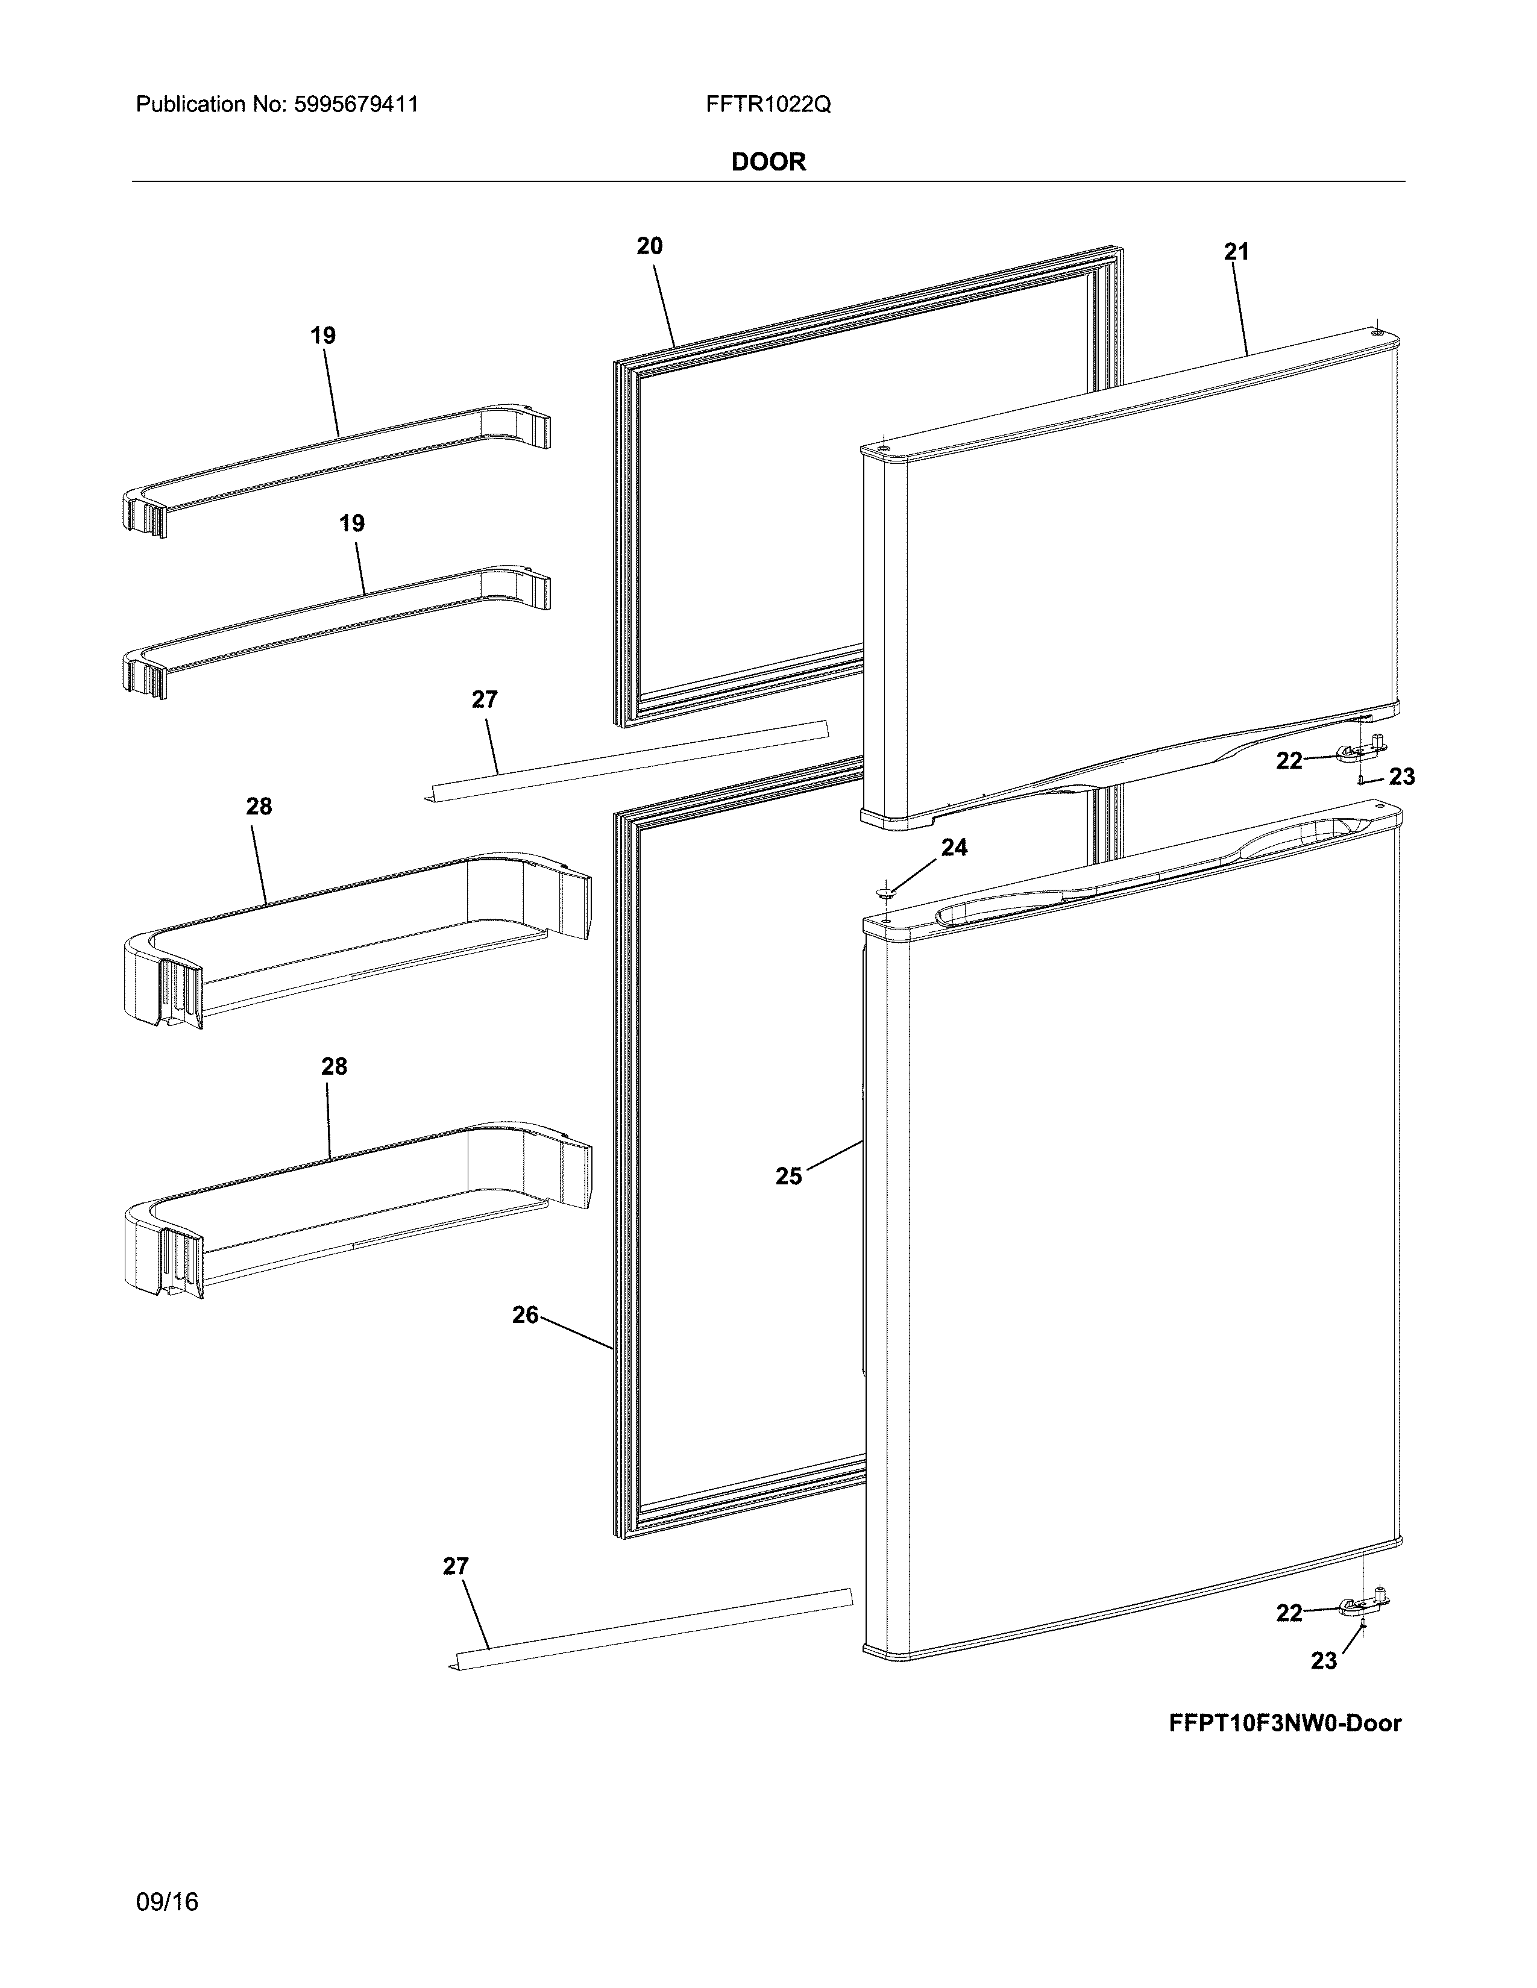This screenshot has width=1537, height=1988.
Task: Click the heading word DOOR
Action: coord(768,162)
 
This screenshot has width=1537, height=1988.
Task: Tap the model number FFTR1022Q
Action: coord(767,105)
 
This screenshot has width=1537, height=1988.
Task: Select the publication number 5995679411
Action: coord(356,105)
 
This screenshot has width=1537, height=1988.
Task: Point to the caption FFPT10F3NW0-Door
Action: coord(1285,1722)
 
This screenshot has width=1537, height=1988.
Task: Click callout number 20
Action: coord(649,246)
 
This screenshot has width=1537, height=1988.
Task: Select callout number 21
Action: coord(1236,252)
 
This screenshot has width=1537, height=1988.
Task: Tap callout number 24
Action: coord(954,848)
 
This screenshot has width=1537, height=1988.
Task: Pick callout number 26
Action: coord(526,1314)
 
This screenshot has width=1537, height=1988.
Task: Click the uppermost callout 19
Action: coord(323,336)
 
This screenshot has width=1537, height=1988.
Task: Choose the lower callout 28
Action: coord(334,1066)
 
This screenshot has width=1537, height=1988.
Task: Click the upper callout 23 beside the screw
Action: coord(1402,777)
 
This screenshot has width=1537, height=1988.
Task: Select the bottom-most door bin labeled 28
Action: coord(355,1211)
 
